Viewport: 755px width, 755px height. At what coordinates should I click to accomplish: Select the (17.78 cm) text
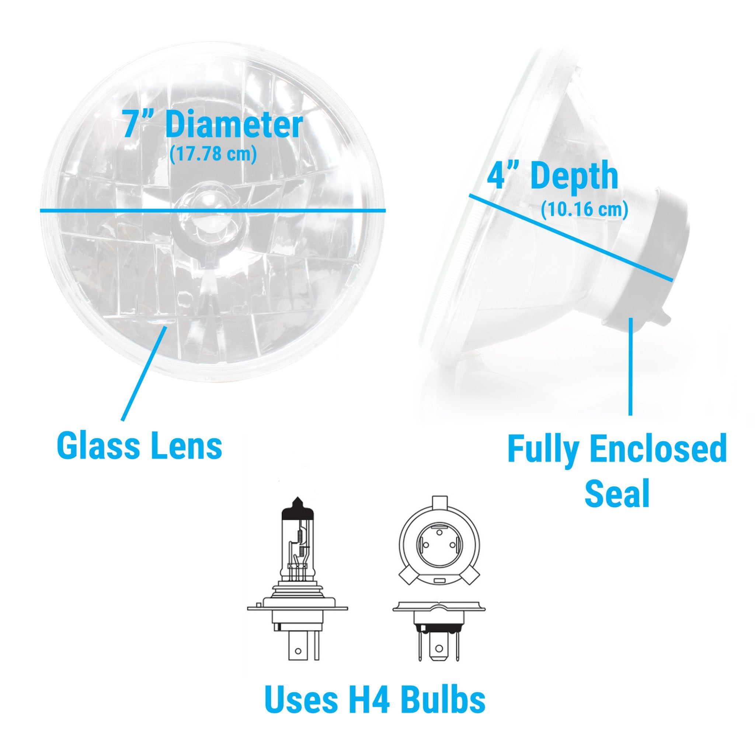click(213, 154)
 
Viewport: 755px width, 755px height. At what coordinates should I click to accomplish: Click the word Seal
click(617, 493)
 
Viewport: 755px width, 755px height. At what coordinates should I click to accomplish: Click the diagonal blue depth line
click(571, 237)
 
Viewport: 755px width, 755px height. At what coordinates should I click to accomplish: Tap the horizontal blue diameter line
click(213, 211)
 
